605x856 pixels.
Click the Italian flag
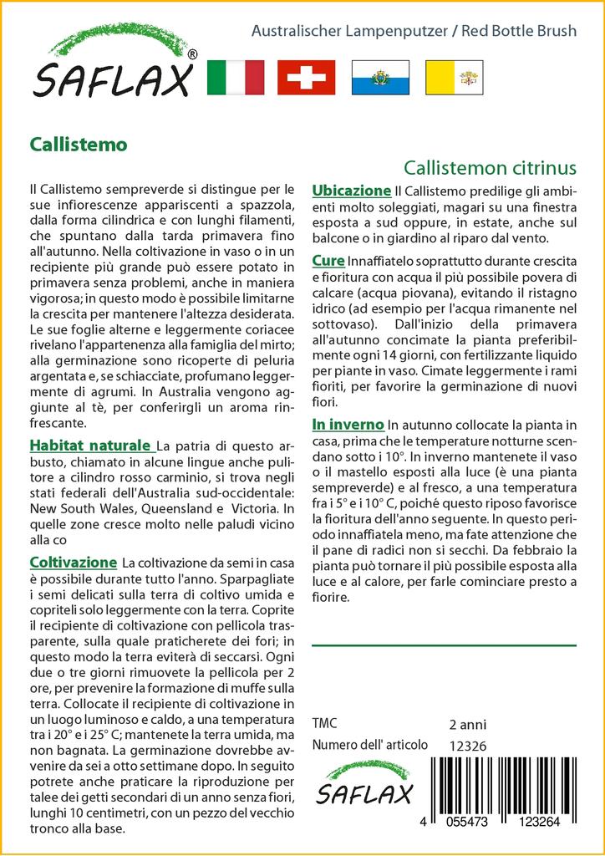[235, 78]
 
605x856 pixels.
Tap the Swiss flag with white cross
[306, 78]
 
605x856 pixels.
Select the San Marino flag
[379, 78]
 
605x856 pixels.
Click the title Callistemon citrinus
[490, 167]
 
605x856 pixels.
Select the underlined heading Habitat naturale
[90, 444]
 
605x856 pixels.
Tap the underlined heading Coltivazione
[73, 562]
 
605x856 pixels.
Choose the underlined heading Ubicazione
[351, 190]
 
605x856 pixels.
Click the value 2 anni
[467, 724]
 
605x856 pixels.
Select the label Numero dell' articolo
[369, 745]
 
